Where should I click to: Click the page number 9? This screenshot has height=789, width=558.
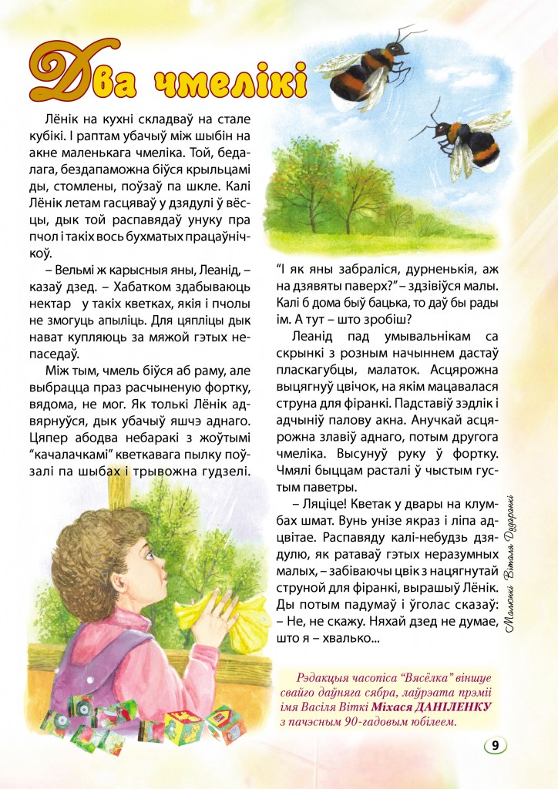click(x=494, y=746)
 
